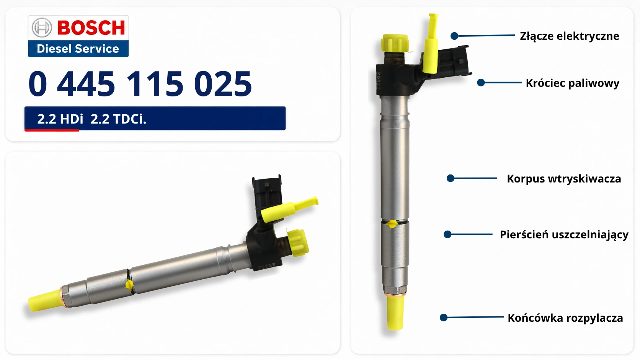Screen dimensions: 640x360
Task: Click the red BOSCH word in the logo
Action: pyautogui.click(x=91, y=28)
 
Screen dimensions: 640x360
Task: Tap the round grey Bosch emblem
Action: pyautogui.click(x=42, y=28)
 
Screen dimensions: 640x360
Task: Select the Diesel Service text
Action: pyautogui.click(x=78, y=49)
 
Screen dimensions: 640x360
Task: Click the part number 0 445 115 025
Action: pyautogui.click(x=140, y=83)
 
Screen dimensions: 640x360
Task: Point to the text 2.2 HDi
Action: pyautogui.click(x=60, y=119)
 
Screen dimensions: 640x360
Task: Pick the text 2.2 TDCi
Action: pyautogui.click(x=118, y=119)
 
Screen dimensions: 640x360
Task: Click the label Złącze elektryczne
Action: pyautogui.click(x=570, y=36)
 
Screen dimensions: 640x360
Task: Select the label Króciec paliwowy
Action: pyautogui.click(x=573, y=83)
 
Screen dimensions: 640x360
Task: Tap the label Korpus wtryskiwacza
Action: pyautogui.click(x=564, y=179)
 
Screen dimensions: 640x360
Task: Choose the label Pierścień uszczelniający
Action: pyautogui.click(x=564, y=235)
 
